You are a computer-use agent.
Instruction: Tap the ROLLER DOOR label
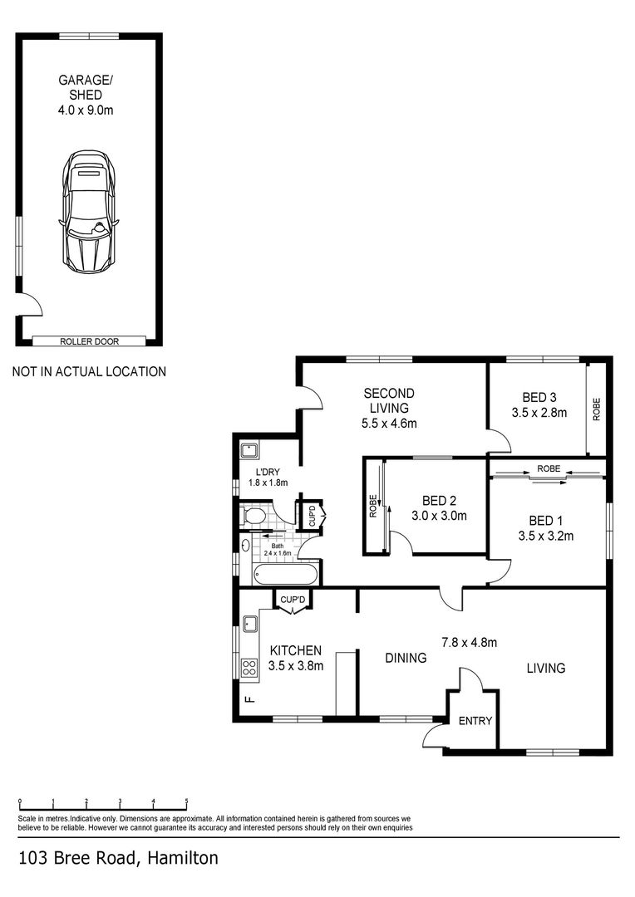pyautogui.click(x=88, y=341)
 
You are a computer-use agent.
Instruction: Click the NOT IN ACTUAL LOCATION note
pyautogui.click(x=89, y=372)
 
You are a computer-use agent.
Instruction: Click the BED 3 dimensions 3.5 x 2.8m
pyautogui.click(x=539, y=413)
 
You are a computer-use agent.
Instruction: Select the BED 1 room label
pyautogui.click(x=544, y=521)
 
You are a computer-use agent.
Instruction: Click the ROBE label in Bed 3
pyautogui.click(x=596, y=410)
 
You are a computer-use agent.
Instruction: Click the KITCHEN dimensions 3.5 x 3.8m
pyautogui.click(x=296, y=665)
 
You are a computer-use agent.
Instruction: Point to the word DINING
pyautogui.click(x=406, y=658)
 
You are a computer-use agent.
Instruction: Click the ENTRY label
pyautogui.click(x=475, y=721)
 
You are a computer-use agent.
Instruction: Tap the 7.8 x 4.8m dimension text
pyautogui.click(x=469, y=642)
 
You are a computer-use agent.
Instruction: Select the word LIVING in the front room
pyautogui.click(x=545, y=668)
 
